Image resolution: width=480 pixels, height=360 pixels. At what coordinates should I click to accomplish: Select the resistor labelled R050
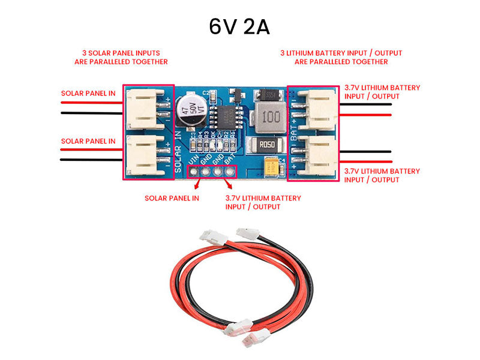pyautogui.click(x=267, y=145)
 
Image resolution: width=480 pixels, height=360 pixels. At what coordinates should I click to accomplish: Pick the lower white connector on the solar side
pyautogui.click(x=146, y=154)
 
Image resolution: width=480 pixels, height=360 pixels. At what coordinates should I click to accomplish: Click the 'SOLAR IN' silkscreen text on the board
pyautogui.click(x=178, y=153)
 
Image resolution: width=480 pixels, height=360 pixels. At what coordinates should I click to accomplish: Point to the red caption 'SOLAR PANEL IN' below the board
pyautogui.click(x=172, y=198)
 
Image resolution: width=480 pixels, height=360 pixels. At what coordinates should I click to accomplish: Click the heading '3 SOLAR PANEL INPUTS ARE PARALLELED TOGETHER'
pyautogui.click(x=121, y=57)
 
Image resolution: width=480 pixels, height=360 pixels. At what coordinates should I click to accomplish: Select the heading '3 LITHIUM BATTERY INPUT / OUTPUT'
pyautogui.click(x=341, y=57)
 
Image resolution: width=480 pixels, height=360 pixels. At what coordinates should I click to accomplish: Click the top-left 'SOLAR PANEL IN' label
pyautogui.click(x=88, y=94)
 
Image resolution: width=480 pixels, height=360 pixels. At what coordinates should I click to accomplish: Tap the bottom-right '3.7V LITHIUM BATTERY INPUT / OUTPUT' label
pyautogui.click(x=382, y=175)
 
